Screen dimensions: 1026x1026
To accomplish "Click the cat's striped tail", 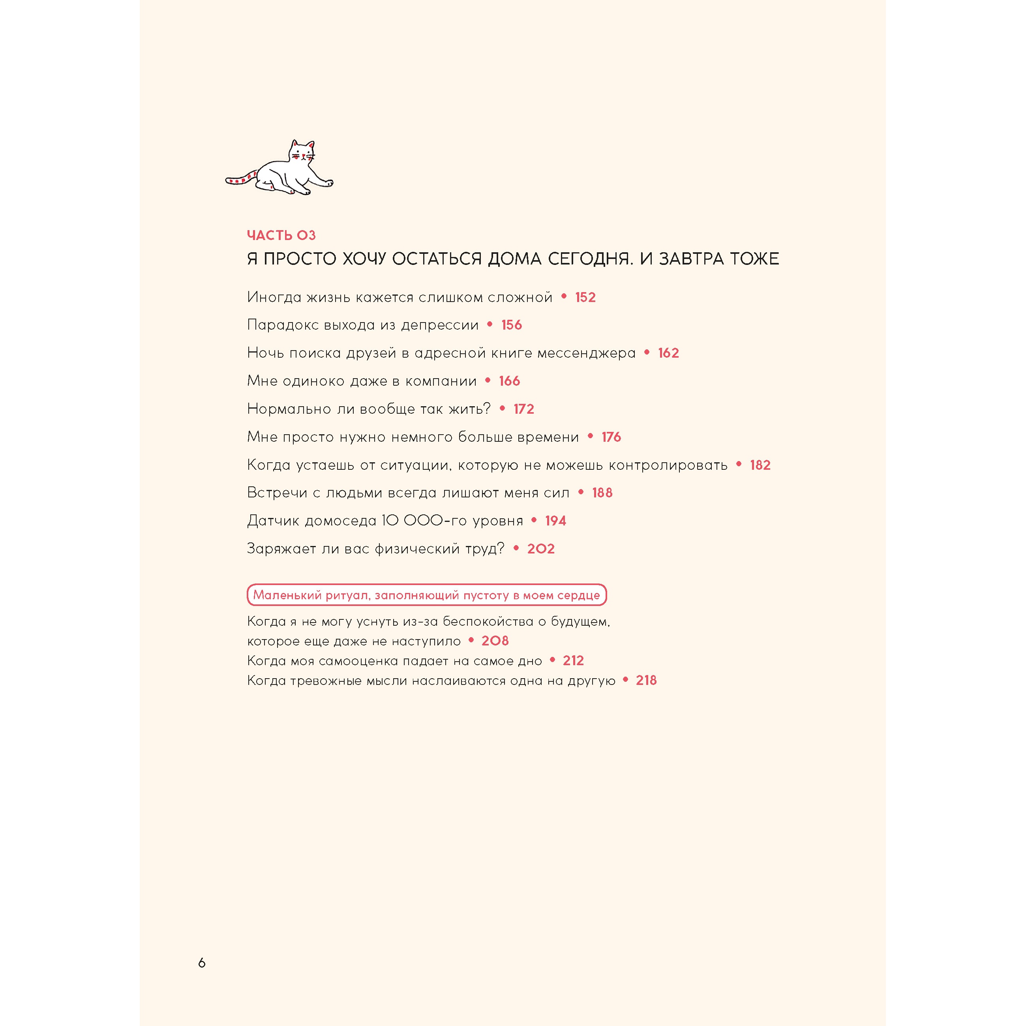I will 240,178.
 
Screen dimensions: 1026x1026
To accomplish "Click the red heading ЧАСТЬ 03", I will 281,235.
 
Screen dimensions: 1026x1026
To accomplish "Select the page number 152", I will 585,297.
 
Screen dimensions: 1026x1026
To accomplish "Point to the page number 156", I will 511,325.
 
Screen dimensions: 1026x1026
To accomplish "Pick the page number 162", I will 668,353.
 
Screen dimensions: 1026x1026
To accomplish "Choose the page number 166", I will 509,381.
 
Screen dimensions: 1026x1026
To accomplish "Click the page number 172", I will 523,409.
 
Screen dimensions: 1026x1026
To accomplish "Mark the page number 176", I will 611,437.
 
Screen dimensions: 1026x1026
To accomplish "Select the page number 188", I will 602,493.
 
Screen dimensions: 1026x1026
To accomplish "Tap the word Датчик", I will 274,521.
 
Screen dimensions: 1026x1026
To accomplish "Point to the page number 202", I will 540,549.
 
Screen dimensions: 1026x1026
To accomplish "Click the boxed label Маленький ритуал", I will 426,595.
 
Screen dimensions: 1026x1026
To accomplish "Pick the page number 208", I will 495,641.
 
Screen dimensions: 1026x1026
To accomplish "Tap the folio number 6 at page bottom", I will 202,962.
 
